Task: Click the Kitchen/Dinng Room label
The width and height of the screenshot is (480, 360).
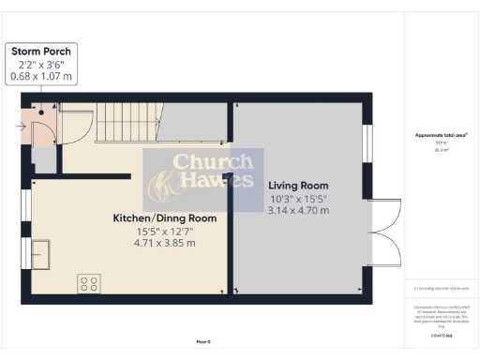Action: click(165, 218)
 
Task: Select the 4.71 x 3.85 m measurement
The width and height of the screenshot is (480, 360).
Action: click(165, 243)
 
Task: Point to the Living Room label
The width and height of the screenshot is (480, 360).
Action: click(297, 185)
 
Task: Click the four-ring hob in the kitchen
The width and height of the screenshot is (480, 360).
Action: click(90, 282)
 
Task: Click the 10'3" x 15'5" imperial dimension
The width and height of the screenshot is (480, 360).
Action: click(298, 198)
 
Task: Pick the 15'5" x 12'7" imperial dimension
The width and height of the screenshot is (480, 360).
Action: click(165, 231)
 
